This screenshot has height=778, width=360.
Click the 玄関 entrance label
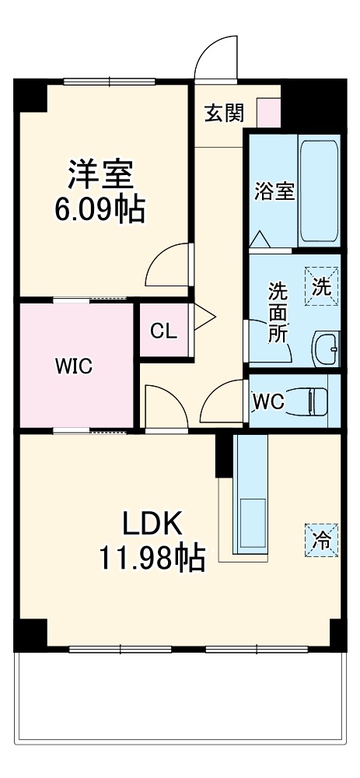click(224, 113)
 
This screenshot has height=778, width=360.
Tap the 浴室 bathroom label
click(274, 191)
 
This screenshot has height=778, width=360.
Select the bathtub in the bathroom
click(320, 191)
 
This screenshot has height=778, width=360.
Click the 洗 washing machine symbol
click(321, 286)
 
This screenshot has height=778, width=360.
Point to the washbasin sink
click(326, 348)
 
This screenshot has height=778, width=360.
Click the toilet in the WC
click(316, 401)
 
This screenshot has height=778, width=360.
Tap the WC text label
click(268, 401)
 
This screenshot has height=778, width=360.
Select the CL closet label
click(164, 331)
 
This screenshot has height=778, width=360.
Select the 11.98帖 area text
click(152, 557)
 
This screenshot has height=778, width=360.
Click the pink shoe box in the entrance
click(268, 112)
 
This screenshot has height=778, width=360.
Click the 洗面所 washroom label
click(278, 312)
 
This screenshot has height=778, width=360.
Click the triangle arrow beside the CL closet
click(204, 317)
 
